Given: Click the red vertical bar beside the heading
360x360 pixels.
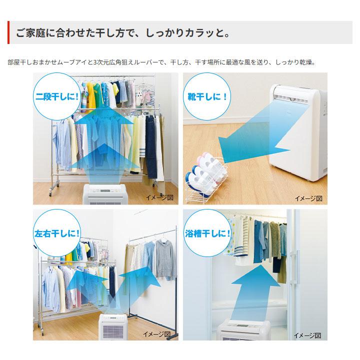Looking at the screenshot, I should coord(8,33).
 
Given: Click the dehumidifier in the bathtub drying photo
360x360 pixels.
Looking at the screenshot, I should coord(250,329).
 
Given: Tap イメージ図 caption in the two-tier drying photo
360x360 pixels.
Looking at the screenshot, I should coord(159,198).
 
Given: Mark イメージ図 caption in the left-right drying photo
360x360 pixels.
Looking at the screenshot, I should coord(159,334).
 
